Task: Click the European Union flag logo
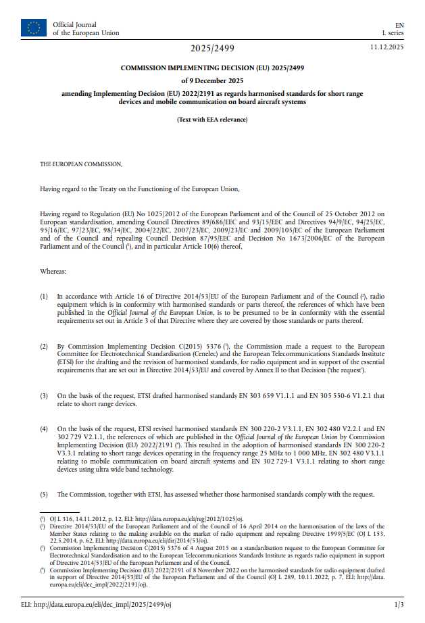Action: [x=34, y=28]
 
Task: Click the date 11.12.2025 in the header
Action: [x=386, y=47]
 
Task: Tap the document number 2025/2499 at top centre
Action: [x=212, y=49]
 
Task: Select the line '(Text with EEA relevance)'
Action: [x=212, y=120]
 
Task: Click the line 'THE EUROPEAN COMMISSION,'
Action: [x=82, y=164]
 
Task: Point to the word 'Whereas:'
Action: [x=53, y=271]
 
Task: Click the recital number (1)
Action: [x=44, y=296]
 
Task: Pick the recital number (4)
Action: [x=44, y=428]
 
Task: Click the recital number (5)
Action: [x=44, y=494]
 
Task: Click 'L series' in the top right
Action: [x=393, y=32]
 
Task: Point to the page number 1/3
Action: [x=399, y=603]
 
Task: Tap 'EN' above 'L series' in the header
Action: [x=399, y=24]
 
